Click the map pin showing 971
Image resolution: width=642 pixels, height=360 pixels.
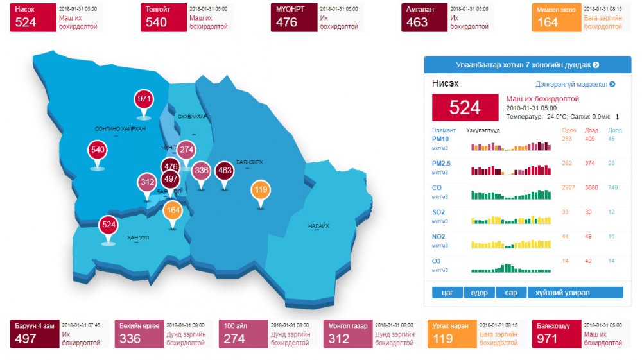pyautogui.click(x=144, y=99)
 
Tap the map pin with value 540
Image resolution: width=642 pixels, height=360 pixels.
pyautogui.click(x=98, y=151)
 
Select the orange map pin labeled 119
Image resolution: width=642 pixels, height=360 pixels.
pyautogui.click(x=260, y=190)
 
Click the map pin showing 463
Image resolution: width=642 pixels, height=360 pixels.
pyautogui.click(x=224, y=170)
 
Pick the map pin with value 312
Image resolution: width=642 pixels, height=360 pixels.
pyautogui.click(x=147, y=182)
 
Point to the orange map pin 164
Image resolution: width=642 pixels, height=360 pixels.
pyautogui.click(x=173, y=210)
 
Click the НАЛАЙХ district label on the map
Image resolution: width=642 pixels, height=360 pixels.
pyautogui.click(x=318, y=226)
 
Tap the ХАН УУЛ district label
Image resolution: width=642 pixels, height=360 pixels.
pyautogui.click(x=138, y=238)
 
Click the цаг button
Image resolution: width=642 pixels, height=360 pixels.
pyautogui.click(x=447, y=293)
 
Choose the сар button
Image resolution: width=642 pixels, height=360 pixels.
pyautogui.click(x=511, y=293)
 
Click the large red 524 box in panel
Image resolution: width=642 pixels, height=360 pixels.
pyautogui.click(x=465, y=108)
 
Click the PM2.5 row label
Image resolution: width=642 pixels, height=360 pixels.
pyautogui.click(x=442, y=163)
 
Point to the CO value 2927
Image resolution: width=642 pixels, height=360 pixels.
pyautogui.click(x=567, y=187)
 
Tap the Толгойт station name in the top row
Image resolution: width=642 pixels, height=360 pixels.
pyautogui.click(x=157, y=10)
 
